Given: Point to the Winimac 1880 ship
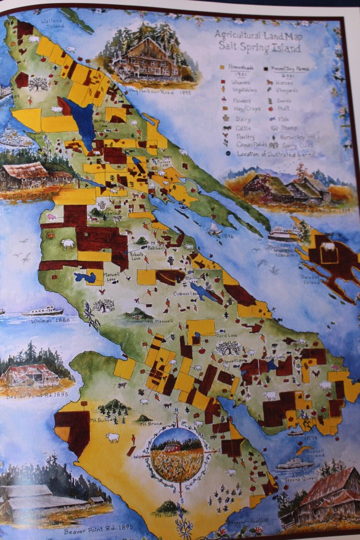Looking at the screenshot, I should click(x=42, y=311).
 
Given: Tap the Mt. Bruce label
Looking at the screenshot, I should click(x=145, y=425).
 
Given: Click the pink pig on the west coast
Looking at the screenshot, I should click(x=51, y=217).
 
